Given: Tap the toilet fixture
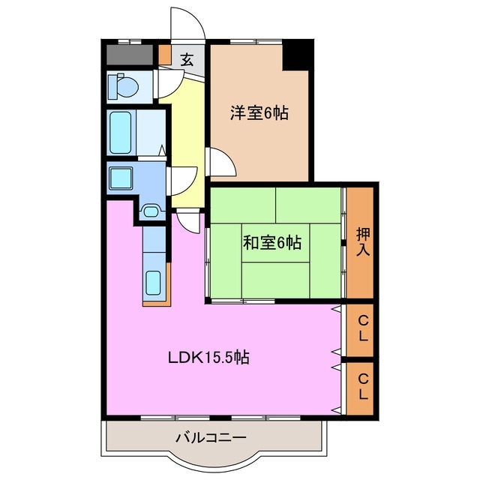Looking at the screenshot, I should pyautogui.click(x=122, y=87).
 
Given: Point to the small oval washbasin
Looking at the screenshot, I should pyautogui.click(x=151, y=211).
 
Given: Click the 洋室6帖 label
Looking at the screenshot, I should pyautogui.click(x=259, y=114).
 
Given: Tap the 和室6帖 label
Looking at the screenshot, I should pyautogui.click(x=271, y=242).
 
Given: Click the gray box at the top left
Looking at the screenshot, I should pyautogui.click(x=130, y=55).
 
